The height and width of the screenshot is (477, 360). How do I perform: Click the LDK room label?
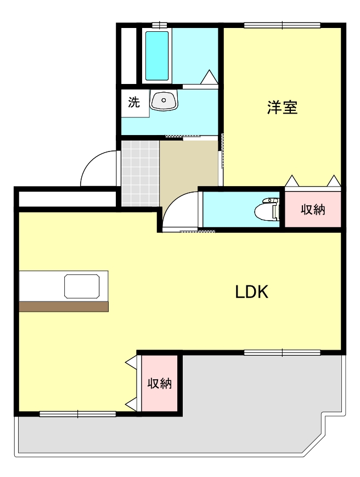tap(251, 292)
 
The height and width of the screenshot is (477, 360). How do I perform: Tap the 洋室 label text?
tap(282, 108)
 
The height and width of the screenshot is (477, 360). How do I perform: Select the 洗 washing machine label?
tap(134, 102)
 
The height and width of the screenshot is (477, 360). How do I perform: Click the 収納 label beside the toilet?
tap(313, 209)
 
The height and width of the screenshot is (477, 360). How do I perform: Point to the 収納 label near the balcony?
tap(160, 384)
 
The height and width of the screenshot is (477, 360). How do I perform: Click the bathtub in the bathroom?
tap(157, 55)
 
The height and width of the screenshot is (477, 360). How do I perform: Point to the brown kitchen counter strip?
tap(63, 306)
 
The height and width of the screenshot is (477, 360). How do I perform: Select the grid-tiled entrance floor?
tap(139, 172)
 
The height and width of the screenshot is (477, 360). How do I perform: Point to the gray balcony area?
tap(258, 406)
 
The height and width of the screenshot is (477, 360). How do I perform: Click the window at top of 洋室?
tap(282, 25)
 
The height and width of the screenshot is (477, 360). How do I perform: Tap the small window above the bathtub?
tap(159, 25)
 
